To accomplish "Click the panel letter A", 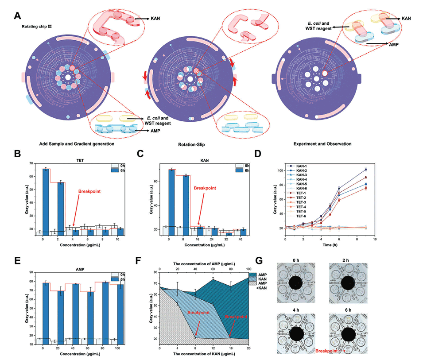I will click(18, 16).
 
